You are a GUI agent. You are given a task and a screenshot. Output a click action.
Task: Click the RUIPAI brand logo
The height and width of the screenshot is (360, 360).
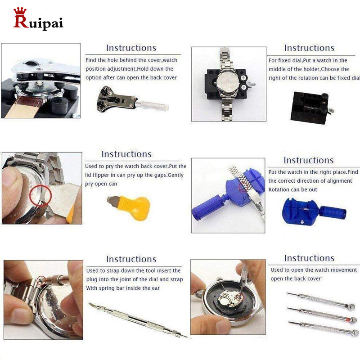[38, 22]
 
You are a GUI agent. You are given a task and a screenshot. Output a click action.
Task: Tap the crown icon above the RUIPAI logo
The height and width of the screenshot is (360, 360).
[20, 11]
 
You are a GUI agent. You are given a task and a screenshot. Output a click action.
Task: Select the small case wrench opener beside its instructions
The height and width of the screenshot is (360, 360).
[130, 101]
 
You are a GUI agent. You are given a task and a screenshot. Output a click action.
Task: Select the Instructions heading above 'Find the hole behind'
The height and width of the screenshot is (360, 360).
[131, 48]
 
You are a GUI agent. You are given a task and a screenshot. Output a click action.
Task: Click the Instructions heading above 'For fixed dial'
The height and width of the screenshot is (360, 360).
[309, 48]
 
